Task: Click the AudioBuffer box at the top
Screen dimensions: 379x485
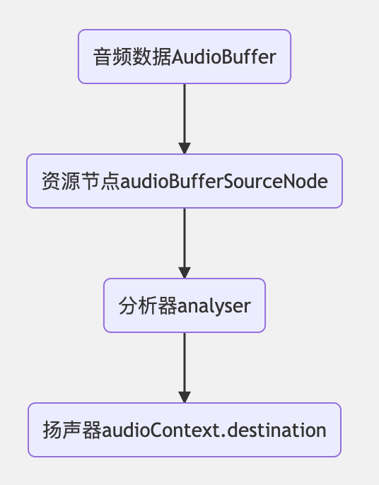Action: click(x=185, y=57)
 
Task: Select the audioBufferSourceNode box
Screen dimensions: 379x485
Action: click(x=185, y=181)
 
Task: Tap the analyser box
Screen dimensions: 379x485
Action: click(x=185, y=305)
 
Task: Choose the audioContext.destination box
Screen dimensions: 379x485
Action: click(x=185, y=430)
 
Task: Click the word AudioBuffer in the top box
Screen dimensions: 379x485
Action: click(x=223, y=57)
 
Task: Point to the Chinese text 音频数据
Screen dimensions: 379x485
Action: click(x=132, y=57)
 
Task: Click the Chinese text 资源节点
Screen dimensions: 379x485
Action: click(x=81, y=181)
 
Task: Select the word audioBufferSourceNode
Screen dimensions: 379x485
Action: click(x=223, y=181)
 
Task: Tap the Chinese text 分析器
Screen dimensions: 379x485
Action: click(x=148, y=305)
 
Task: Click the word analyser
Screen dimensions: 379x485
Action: click(x=214, y=306)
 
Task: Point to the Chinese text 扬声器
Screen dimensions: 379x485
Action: click(x=72, y=430)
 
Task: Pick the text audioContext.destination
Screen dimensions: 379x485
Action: click(x=214, y=431)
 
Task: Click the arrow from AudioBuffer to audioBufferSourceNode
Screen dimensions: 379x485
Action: click(x=185, y=119)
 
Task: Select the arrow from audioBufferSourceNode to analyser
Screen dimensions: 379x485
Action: click(x=185, y=243)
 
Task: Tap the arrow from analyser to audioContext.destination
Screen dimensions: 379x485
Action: click(x=185, y=368)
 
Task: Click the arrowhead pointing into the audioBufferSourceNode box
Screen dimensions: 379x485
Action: click(x=185, y=148)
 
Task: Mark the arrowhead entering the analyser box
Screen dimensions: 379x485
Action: click(x=185, y=272)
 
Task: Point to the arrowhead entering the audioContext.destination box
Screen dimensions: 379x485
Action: click(x=185, y=397)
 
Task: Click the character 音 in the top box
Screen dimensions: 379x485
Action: click(x=103, y=57)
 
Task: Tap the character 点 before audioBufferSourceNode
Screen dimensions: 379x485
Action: click(x=110, y=181)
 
